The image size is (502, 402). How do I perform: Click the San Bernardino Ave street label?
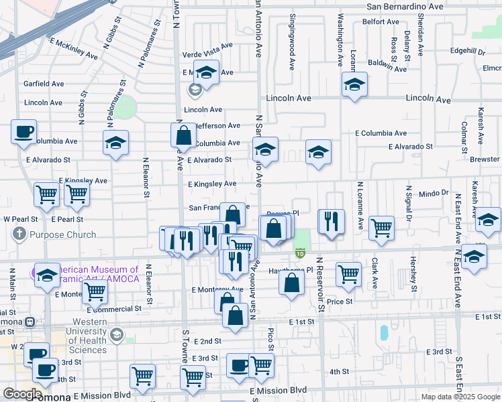405,6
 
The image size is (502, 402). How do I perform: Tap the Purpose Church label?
62,235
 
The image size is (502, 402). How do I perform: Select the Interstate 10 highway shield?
299,253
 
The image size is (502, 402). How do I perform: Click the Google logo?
21,394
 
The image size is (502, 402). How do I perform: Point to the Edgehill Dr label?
468,51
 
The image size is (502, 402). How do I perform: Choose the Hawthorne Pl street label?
291,270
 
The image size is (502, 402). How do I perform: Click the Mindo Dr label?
434,193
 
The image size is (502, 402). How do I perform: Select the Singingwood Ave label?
293,42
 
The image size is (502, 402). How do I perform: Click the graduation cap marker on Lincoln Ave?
354,85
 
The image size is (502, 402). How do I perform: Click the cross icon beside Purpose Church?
19,235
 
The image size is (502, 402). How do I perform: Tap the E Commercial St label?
114,309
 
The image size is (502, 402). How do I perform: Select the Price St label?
340,302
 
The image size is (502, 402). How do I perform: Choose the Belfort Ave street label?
381,21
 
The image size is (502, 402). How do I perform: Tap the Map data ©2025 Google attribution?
460,397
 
